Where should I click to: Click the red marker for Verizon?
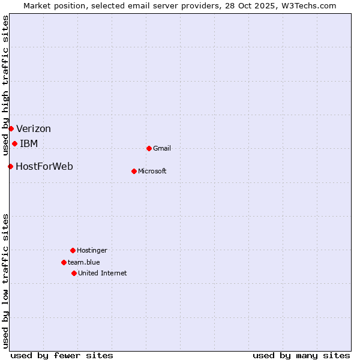pos(11,128)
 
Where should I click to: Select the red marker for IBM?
pos(14,143)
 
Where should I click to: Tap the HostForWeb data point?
pos(10,166)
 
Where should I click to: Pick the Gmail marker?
pos(149,148)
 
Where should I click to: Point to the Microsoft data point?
pos(134,171)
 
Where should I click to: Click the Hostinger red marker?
pos(73,250)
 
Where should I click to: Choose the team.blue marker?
pos(64,262)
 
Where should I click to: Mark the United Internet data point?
pos(74,273)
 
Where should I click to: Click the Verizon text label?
pos(34,128)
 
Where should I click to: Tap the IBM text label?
pos(29,143)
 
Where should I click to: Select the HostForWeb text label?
pos(44,166)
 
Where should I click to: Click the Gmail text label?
pos(162,148)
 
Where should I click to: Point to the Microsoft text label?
pos(152,171)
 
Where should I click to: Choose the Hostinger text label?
pos(92,250)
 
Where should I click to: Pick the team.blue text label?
pos(84,262)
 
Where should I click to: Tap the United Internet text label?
pos(103,273)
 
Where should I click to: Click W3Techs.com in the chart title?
pos(310,5)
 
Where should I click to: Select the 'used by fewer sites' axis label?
pos(62,355)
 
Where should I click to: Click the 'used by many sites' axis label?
pos(301,355)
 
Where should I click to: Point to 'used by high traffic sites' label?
pos(5,84)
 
